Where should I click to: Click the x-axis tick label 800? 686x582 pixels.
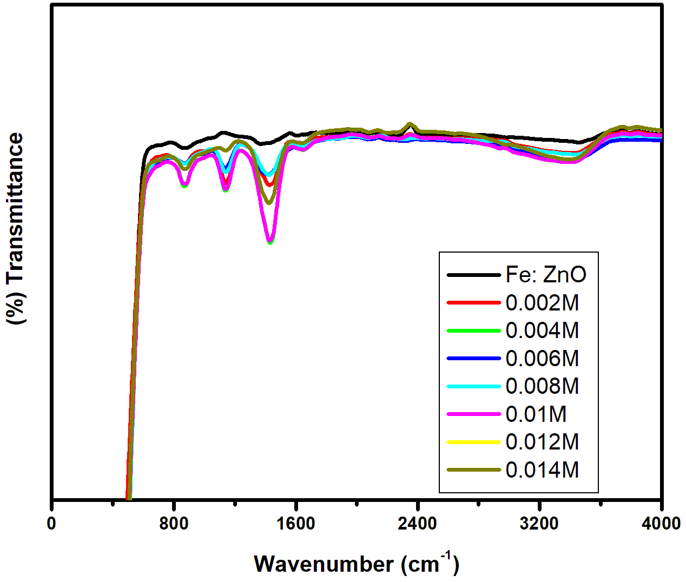pos(174,524)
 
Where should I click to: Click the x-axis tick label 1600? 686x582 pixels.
pos(296,524)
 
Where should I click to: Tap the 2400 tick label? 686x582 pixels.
pos(418,524)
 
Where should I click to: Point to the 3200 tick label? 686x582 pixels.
pos(540,524)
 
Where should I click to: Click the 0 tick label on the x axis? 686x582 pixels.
pos(52,524)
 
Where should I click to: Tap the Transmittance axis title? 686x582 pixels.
pos(16,229)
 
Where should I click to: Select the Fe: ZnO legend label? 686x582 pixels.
pos(545,275)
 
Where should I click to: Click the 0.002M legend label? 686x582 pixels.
pos(542,303)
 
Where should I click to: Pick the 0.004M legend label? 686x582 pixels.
pos(542,330)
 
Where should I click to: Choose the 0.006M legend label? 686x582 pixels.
pos(542,359)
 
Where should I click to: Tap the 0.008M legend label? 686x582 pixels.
pos(542,386)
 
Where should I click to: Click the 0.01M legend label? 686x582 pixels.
pos(536,414)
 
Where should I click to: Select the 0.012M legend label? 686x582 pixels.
pos(542,442)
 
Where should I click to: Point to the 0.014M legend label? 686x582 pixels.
pos(542,470)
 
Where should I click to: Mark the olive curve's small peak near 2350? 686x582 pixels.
pos(410,124)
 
